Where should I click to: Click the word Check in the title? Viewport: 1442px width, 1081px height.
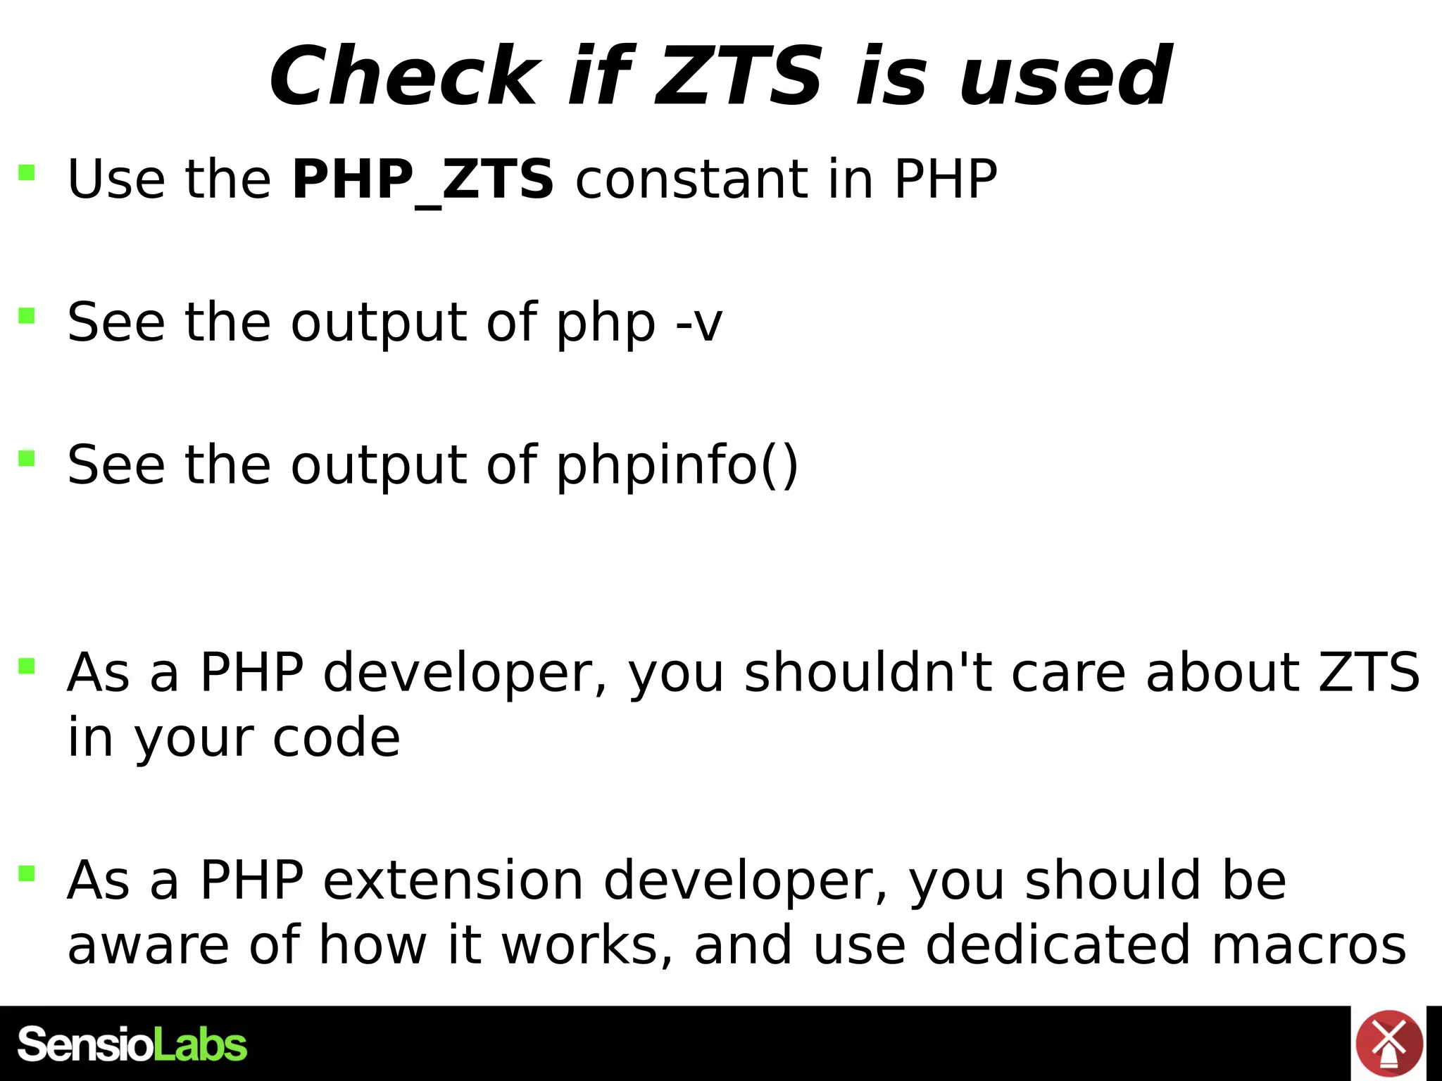(405, 76)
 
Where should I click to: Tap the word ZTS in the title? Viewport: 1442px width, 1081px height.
(739, 76)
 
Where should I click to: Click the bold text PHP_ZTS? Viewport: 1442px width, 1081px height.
(423, 179)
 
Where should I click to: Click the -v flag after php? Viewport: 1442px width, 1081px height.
(698, 323)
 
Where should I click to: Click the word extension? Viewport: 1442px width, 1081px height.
(453, 880)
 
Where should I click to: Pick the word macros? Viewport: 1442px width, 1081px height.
(1309, 945)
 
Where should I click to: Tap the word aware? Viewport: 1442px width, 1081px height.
(149, 945)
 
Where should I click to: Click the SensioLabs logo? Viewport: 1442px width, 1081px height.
(132, 1044)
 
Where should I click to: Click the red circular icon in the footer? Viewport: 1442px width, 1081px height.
(1388, 1044)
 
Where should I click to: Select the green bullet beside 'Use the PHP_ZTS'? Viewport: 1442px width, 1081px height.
(27, 172)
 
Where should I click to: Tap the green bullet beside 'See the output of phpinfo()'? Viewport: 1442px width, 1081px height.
(27, 458)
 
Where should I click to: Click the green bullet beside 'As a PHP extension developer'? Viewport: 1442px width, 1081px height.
(27, 873)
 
